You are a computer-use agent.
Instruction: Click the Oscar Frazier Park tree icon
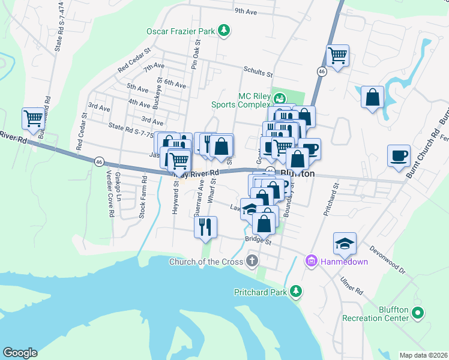pos(224,30)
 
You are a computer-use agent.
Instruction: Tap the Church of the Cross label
pos(206,262)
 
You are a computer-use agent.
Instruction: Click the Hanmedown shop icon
pos(312,261)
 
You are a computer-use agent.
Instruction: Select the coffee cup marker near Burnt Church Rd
pos(399,156)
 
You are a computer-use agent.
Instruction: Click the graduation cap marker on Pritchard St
pos(345,243)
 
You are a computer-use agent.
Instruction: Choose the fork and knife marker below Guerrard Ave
pos(205,226)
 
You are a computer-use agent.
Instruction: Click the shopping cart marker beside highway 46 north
pos(338,56)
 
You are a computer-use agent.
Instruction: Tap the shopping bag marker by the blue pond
pos(372,97)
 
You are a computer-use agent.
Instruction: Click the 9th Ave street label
pos(246,11)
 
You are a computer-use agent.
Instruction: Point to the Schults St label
pos(258,72)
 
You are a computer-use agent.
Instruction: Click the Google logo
pos(19,353)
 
